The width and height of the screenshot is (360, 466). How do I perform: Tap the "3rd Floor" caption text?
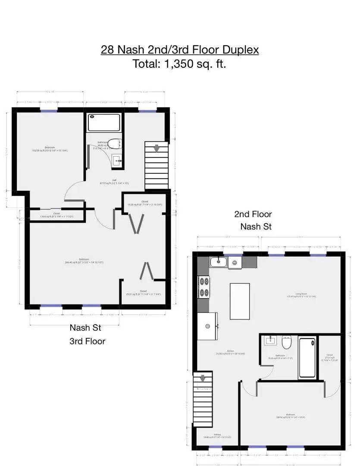click(87, 341)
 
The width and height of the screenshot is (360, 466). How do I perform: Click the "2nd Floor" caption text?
click(253, 214)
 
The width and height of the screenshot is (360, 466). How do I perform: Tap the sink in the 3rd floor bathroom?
click(117, 161)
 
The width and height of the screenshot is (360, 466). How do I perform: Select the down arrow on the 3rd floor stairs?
click(157, 148)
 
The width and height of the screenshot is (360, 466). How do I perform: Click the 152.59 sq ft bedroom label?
click(50, 149)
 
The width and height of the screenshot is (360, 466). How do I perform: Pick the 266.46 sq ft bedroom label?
click(85, 261)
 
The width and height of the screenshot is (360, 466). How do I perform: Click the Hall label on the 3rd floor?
click(114, 182)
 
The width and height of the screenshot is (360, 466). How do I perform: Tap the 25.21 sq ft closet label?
click(143, 293)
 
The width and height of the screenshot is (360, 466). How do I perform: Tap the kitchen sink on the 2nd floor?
click(218, 262)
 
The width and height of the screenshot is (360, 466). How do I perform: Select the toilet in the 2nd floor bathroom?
click(287, 343)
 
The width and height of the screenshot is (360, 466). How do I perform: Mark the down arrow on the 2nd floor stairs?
click(202, 379)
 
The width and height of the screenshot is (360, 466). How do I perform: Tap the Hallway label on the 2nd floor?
click(217, 436)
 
